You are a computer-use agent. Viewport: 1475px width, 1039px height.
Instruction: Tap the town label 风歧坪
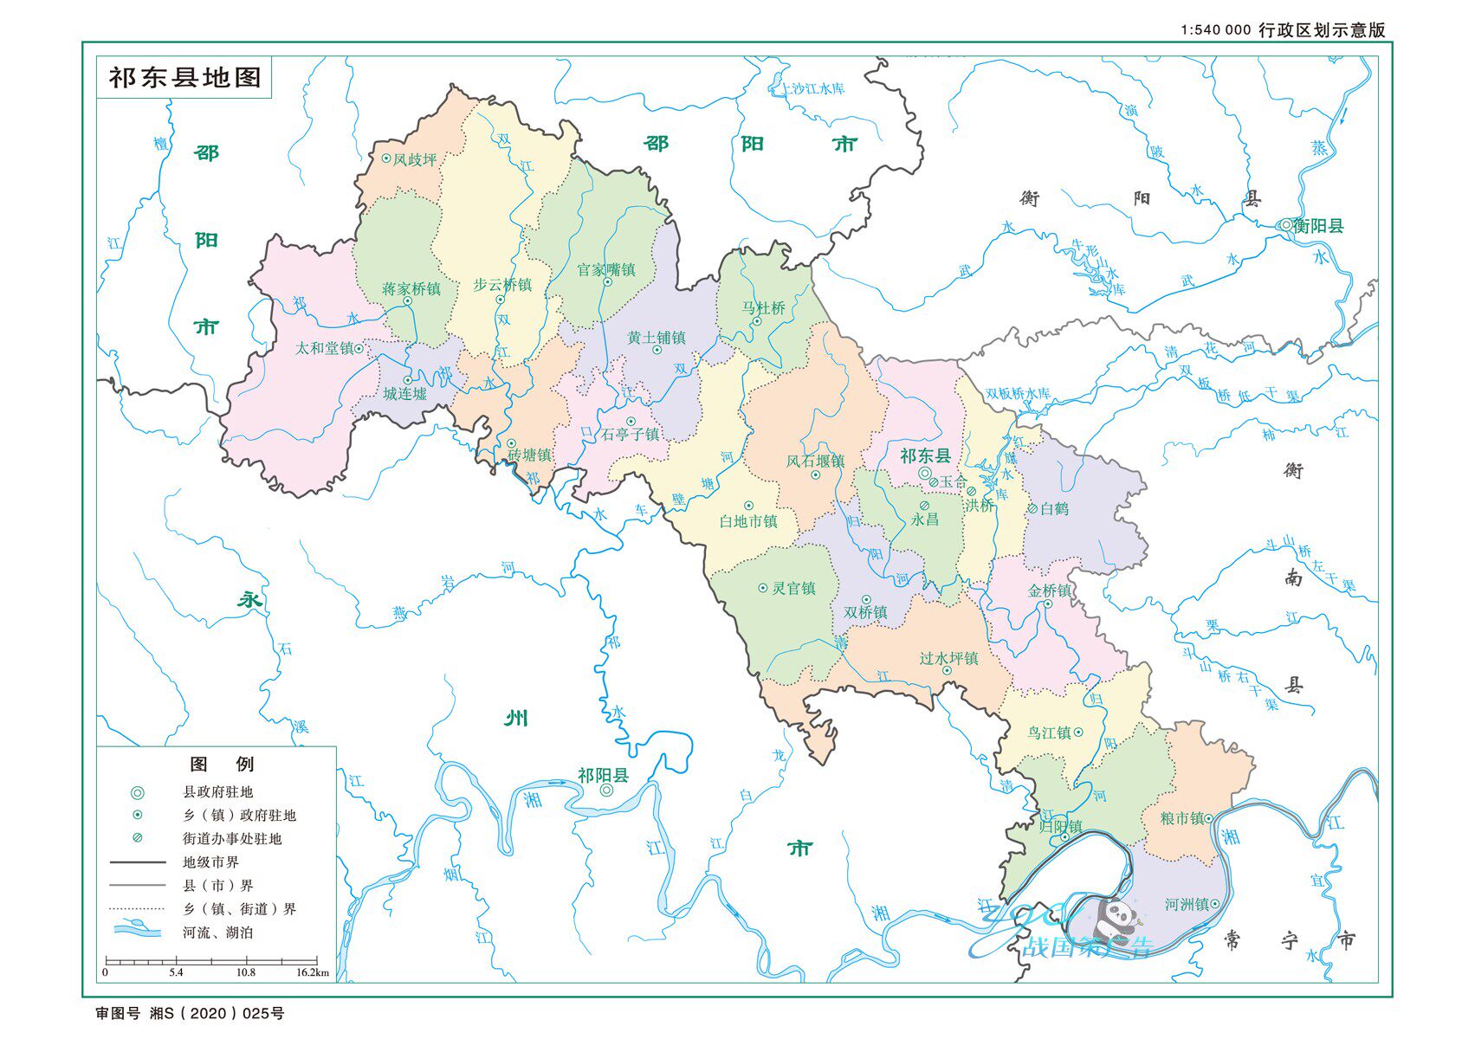coord(414,159)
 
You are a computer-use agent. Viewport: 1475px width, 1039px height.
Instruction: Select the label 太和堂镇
coord(324,348)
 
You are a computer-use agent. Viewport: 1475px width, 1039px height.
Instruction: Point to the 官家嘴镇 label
coord(606,270)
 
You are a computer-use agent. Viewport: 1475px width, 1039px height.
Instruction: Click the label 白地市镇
coord(748,521)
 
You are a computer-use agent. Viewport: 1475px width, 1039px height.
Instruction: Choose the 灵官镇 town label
coord(793,588)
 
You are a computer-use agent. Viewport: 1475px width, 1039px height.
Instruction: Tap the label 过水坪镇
coord(948,658)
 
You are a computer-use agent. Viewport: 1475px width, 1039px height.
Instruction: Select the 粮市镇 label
coord(1182,818)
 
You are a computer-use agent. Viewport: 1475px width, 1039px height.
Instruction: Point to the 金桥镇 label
coord(1049,590)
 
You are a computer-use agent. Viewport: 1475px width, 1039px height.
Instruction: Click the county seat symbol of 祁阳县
coord(606,791)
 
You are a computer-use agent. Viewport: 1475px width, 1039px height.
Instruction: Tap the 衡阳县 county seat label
coord(1317,226)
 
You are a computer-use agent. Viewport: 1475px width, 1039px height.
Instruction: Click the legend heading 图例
coord(222,764)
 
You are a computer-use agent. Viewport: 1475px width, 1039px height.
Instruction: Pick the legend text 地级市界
coord(210,862)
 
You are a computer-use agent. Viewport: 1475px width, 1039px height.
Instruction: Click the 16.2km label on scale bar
coord(312,972)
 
